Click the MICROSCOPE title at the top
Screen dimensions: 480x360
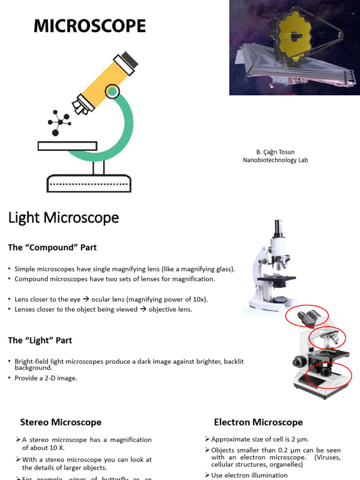pyautogui.click(x=90, y=26)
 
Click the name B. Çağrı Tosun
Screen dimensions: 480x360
pyautogui.click(x=275, y=152)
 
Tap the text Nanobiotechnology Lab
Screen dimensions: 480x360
pyautogui.click(x=275, y=160)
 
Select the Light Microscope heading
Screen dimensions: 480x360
pyautogui.click(x=63, y=218)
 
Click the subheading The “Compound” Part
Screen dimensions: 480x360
pyautogui.click(x=52, y=247)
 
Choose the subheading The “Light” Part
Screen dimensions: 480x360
pyautogui.click(x=40, y=340)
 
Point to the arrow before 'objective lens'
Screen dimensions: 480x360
pyautogui.click(x=143, y=309)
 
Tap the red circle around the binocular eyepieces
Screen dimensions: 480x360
pyautogui.click(x=307, y=315)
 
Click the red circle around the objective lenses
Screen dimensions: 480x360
pyautogui.click(x=328, y=337)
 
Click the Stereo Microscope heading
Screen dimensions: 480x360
pyautogui.click(x=61, y=422)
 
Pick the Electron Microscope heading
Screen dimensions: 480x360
pyautogui.click(x=258, y=422)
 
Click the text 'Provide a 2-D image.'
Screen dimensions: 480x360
pyautogui.click(x=46, y=378)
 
